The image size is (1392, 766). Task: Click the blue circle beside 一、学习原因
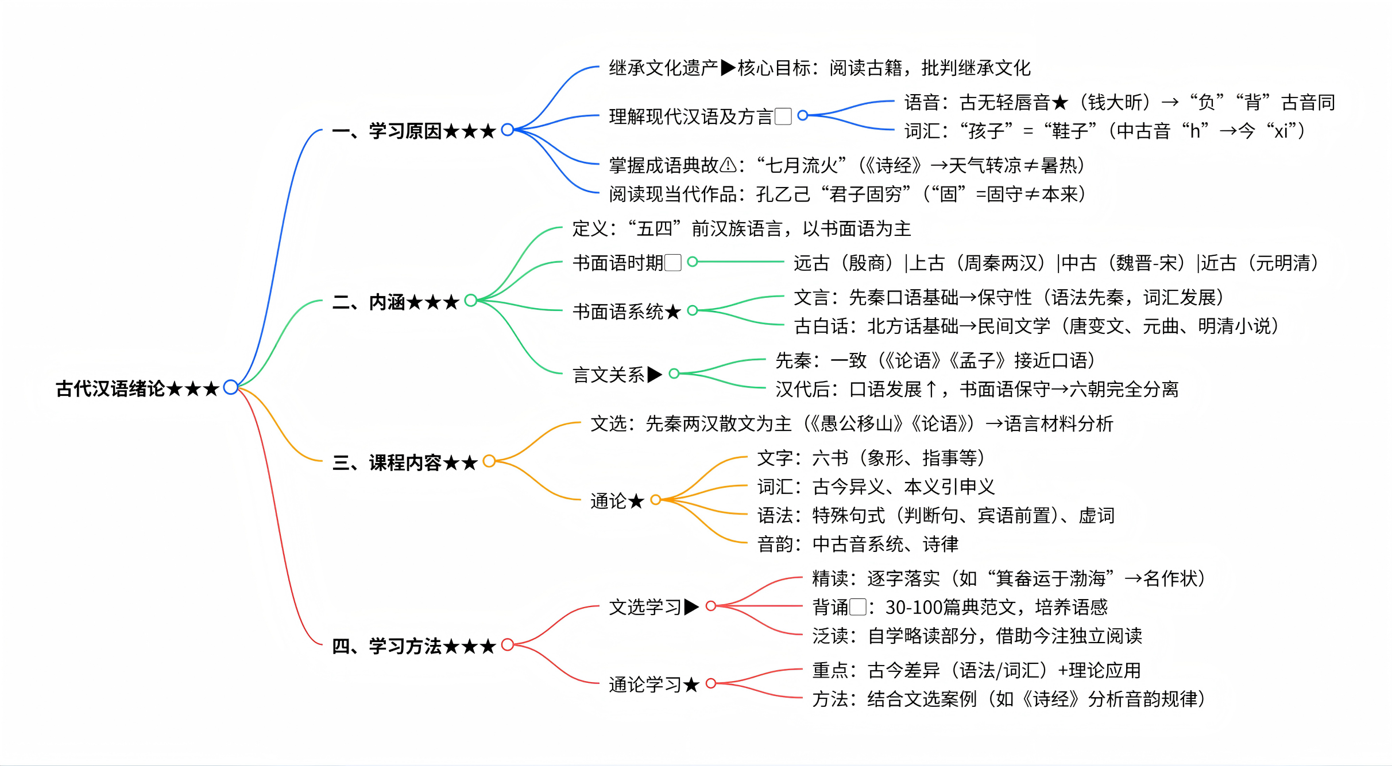[507, 130]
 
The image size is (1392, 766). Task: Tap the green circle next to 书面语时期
[693, 262]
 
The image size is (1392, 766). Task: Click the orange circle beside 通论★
[655, 500]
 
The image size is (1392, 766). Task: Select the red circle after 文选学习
[710, 606]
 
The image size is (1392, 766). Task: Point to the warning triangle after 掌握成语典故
[728, 165]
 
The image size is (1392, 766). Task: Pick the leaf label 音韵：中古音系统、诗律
[857, 544]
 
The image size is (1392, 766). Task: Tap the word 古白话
[821, 326]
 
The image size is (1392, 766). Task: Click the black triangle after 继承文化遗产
[728, 68]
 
